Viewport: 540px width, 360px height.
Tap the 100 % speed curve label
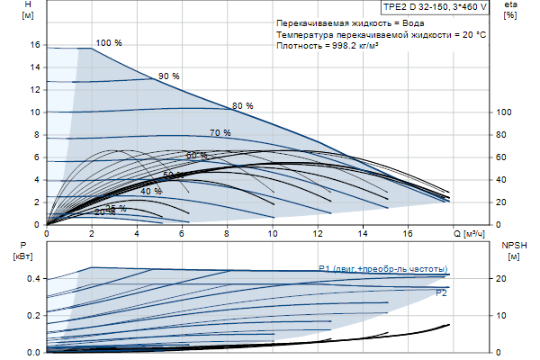click(x=108, y=43)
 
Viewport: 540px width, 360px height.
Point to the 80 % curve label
click(x=242, y=105)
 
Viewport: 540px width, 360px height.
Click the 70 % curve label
click(x=220, y=133)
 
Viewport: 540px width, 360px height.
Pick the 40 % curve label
click(x=151, y=191)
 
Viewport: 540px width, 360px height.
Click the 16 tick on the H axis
click(x=35, y=45)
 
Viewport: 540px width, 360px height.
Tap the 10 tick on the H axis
click(x=35, y=112)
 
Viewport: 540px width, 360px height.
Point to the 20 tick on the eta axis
click(x=504, y=202)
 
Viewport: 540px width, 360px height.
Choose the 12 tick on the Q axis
click(x=318, y=234)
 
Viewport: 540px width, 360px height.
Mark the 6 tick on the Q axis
click(x=183, y=234)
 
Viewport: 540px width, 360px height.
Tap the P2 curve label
click(x=441, y=293)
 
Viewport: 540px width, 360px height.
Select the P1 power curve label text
click(x=382, y=268)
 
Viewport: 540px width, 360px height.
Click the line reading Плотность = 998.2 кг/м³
click(x=327, y=45)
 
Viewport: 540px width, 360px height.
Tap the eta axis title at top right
click(x=511, y=10)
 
